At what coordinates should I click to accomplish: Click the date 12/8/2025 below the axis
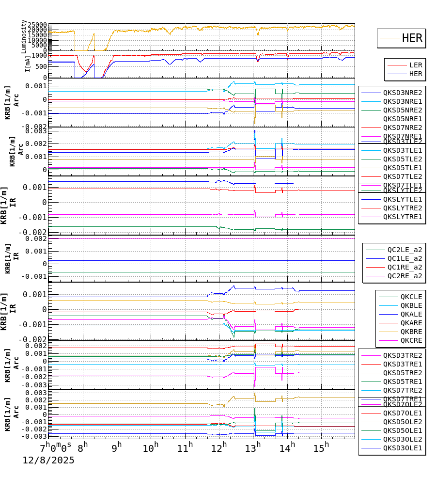pos(48,460)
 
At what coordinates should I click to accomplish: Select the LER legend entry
pos(415,65)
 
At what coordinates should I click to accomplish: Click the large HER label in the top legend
pos(412,38)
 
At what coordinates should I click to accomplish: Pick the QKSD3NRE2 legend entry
pos(403,93)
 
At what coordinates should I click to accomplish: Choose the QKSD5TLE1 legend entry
pos(403,168)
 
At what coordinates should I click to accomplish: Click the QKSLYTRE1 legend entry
pos(403,217)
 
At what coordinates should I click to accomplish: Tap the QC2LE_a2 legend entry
pos(405,250)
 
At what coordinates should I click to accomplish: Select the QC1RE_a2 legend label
pos(405,267)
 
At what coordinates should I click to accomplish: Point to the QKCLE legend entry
pos(411,297)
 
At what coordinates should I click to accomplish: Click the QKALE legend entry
pos(411,314)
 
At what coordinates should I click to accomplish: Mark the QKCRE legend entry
pos(411,340)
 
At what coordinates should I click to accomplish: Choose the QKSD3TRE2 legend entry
pos(403,355)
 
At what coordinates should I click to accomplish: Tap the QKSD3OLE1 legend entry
pos(403,448)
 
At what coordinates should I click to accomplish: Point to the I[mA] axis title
pos(28,64)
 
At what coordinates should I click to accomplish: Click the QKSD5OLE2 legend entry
pos(403,422)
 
